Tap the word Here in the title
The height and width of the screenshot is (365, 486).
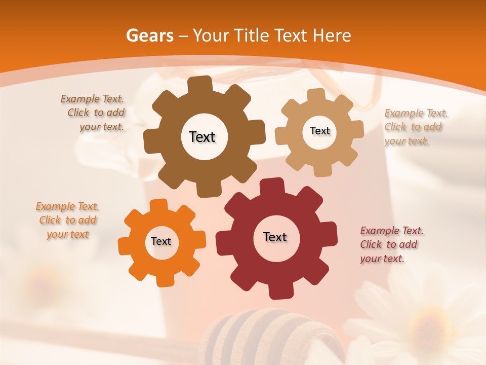[332, 35]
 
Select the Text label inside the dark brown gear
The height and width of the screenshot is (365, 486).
[202, 137]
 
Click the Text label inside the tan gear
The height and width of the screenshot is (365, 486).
[319, 131]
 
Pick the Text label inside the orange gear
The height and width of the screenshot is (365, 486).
[161, 242]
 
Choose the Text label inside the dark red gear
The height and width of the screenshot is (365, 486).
[275, 237]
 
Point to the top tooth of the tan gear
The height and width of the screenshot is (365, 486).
[316, 95]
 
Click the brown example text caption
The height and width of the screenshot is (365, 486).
[94, 113]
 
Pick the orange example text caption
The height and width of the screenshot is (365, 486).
[68, 221]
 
